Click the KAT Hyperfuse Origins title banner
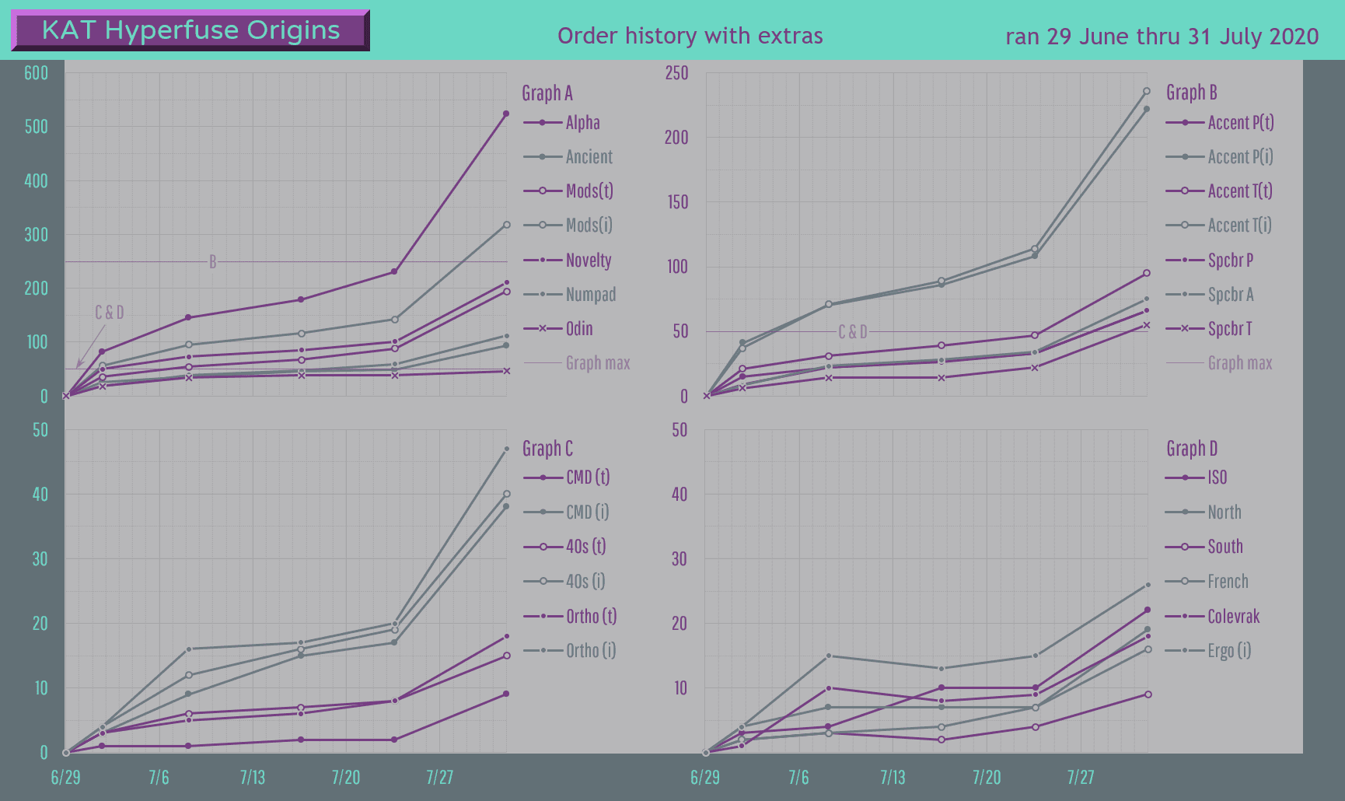[x=190, y=30]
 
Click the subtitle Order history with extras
[x=690, y=36]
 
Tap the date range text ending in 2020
[x=1162, y=37]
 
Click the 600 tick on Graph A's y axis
[x=37, y=73]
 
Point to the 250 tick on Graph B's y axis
[x=676, y=73]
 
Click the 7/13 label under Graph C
[x=253, y=778]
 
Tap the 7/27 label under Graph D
[x=1081, y=778]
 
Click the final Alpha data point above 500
[x=506, y=114]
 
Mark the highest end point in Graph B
[x=1147, y=91]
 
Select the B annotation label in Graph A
[x=212, y=262]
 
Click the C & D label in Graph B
[x=853, y=332]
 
